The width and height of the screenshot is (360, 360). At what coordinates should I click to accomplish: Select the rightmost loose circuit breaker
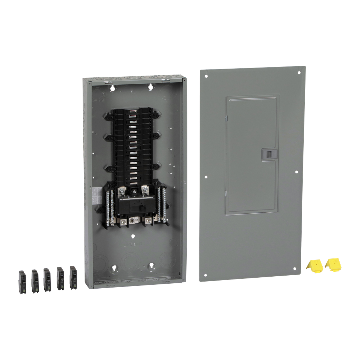(73, 277)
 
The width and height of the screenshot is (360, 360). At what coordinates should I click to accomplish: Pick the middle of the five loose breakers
(47, 279)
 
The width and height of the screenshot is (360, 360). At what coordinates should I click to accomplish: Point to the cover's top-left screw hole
(207, 76)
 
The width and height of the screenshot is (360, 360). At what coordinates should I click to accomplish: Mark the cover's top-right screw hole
(299, 73)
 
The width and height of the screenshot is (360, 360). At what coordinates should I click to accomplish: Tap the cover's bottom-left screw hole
(206, 275)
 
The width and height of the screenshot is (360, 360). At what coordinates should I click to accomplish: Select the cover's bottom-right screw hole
(295, 269)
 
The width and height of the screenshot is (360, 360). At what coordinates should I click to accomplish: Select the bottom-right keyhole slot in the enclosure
(152, 266)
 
